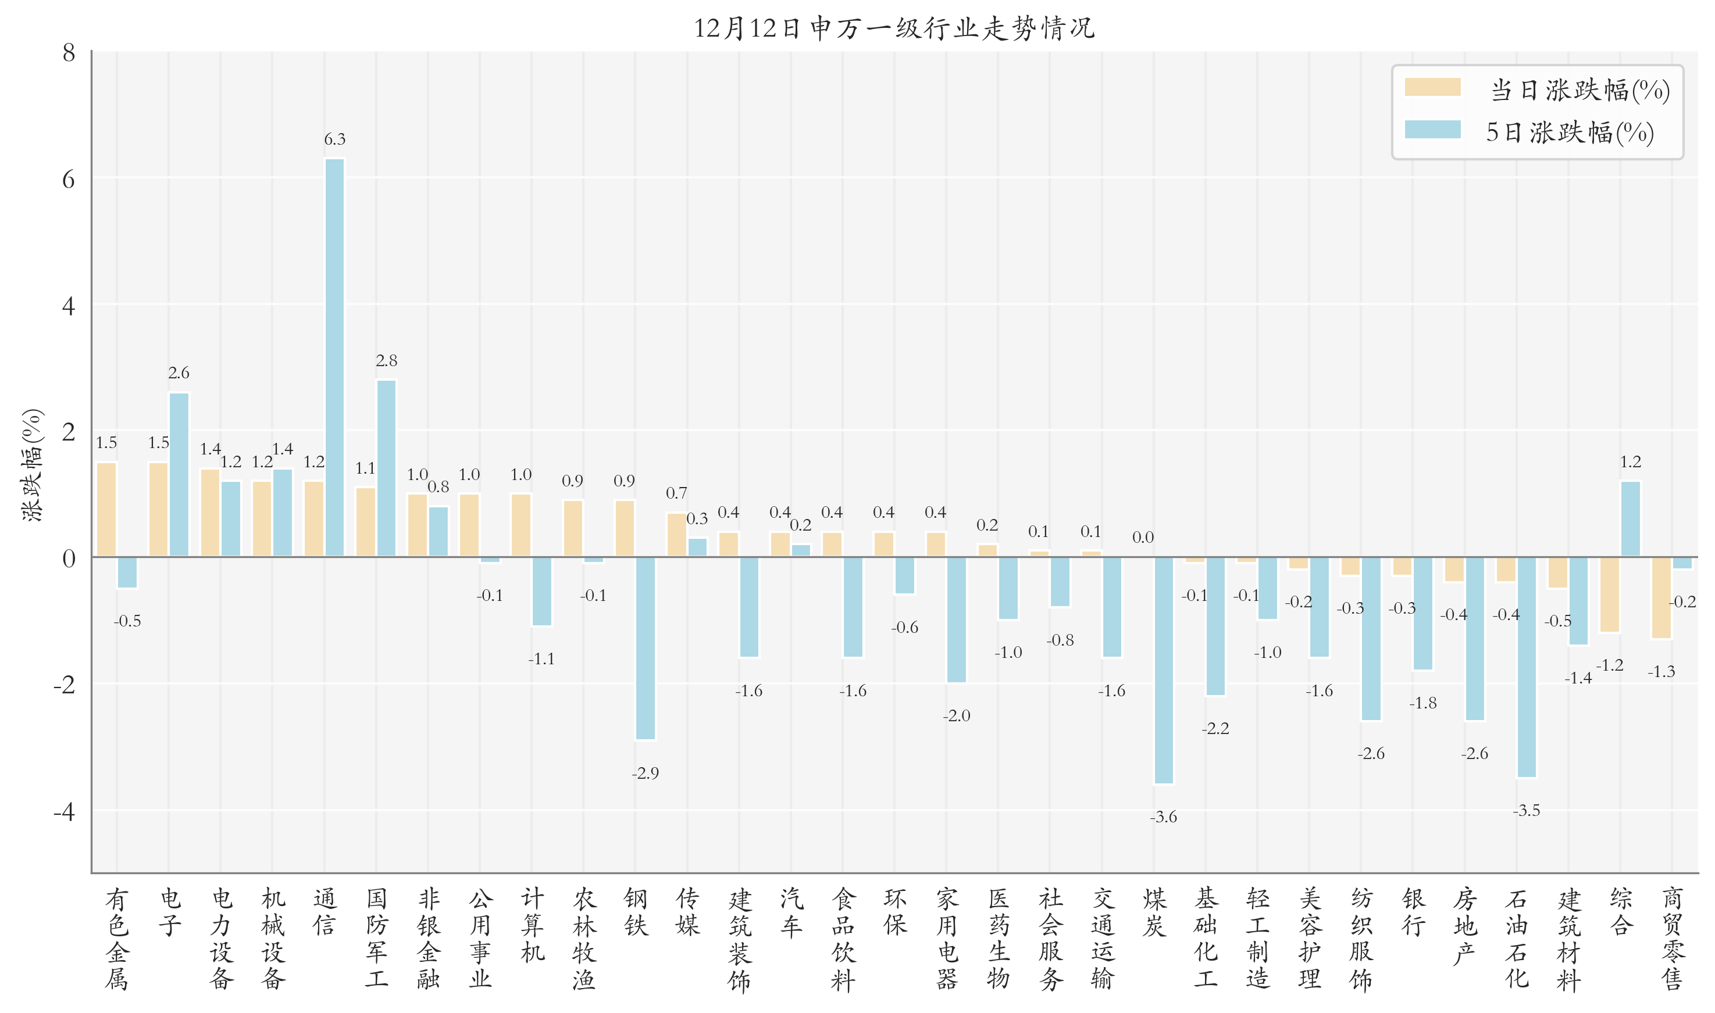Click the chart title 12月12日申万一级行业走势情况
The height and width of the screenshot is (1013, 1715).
pyautogui.click(x=893, y=28)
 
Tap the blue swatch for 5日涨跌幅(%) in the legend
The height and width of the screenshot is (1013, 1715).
pyautogui.click(x=1432, y=130)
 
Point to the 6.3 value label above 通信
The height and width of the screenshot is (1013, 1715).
pyautogui.click(x=334, y=139)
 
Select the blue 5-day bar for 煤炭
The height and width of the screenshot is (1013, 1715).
pyautogui.click(x=1163, y=670)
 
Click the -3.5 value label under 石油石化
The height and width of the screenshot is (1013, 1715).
pyautogui.click(x=1526, y=810)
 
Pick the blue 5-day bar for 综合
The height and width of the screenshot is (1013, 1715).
pyautogui.click(x=1630, y=519)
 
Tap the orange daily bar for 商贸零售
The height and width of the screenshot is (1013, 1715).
pyautogui.click(x=1660, y=598)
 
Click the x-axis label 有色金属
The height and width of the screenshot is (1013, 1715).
pyautogui.click(x=117, y=938)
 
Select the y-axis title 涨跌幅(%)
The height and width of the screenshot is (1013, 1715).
pyautogui.click(x=32, y=465)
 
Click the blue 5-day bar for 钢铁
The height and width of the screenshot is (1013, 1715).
pyautogui.click(x=645, y=648)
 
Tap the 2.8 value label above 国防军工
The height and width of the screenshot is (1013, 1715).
pyautogui.click(x=386, y=360)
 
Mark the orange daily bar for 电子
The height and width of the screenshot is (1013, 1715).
pyautogui.click(x=158, y=509)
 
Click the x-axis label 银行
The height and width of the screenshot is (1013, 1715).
pyautogui.click(x=1413, y=912)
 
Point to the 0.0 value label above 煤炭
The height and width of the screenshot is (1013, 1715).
pyautogui.click(x=1143, y=537)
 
